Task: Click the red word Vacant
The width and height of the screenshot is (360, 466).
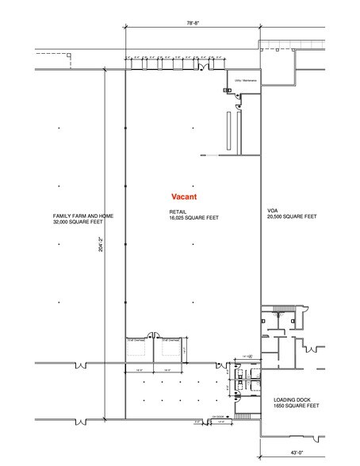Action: pos(184,196)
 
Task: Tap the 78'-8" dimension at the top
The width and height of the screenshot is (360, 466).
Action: pos(192,25)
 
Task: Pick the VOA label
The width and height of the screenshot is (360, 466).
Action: pos(271,211)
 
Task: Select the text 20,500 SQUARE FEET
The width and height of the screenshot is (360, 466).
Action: pos(292,216)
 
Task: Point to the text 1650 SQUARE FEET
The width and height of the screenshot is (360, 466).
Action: pos(296,406)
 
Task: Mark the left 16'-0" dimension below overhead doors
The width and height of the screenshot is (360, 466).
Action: pos(138,370)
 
